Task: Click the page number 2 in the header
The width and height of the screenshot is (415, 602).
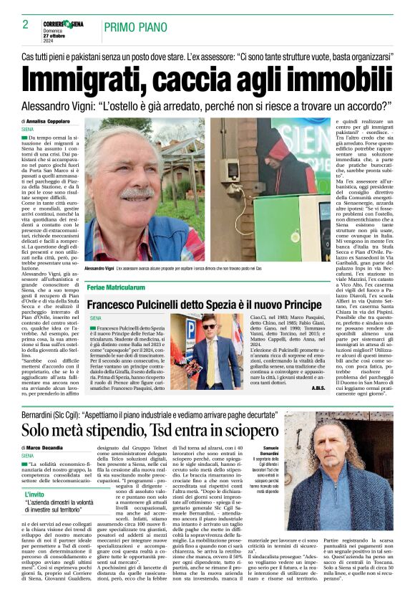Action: (25, 24)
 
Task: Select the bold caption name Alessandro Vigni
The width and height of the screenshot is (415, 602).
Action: (101, 268)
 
